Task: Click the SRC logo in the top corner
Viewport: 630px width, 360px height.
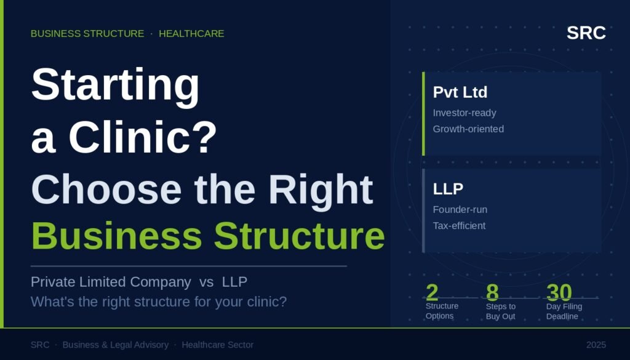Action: click(x=586, y=33)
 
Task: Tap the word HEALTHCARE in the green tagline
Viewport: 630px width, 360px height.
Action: click(x=191, y=34)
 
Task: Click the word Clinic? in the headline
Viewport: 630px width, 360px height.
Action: click(x=143, y=137)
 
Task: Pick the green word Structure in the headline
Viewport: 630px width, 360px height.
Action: click(x=300, y=236)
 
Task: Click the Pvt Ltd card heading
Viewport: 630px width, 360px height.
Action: click(x=460, y=92)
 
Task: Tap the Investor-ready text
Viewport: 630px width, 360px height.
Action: click(x=465, y=113)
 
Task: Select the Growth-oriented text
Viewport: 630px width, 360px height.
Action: click(x=468, y=129)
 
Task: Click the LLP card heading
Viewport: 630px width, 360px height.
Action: click(x=448, y=189)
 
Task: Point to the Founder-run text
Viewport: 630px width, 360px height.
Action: click(x=460, y=210)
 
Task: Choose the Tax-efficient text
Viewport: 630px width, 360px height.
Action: click(x=459, y=226)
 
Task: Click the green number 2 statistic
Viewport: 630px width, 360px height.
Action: click(x=432, y=292)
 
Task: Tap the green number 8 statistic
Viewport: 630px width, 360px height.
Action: click(x=492, y=292)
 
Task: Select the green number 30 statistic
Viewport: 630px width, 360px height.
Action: click(x=559, y=292)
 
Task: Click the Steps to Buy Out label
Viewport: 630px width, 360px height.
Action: click(x=501, y=311)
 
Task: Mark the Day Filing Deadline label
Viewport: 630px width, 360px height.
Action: click(x=564, y=311)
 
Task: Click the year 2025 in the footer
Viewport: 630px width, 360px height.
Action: click(x=596, y=345)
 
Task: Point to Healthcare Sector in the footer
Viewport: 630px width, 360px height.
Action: click(x=218, y=345)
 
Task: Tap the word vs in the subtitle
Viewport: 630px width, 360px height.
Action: click(x=206, y=282)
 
